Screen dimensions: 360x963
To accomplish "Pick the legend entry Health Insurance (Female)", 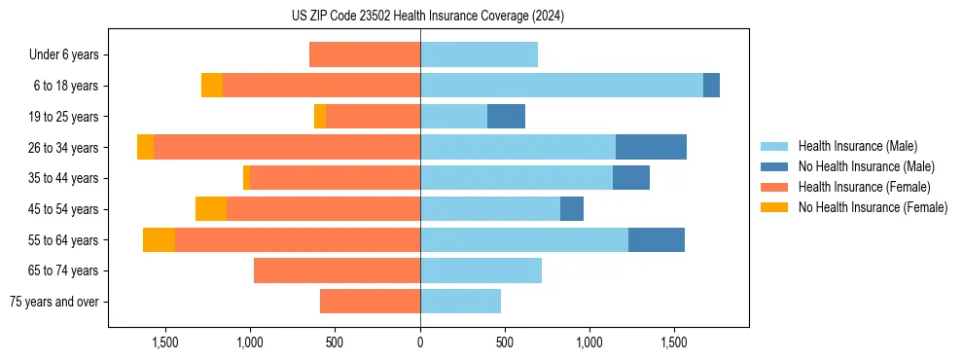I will pyautogui.click(x=857, y=187).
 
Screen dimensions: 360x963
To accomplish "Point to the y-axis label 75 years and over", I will pyautogui.click(x=54, y=302).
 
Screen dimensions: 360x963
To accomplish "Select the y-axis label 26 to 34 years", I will pyautogui.click(x=64, y=148).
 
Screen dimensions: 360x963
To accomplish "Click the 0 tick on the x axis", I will pyautogui.click(x=420, y=342).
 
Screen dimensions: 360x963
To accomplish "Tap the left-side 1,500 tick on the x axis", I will pyautogui.click(x=165, y=342).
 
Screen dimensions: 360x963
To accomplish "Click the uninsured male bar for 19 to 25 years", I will pyautogui.click(x=506, y=117).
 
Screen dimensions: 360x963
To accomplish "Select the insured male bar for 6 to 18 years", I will pyautogui.click(x=561, y=86).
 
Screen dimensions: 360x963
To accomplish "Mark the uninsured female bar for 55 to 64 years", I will pyautogui.click(x=159, y=240).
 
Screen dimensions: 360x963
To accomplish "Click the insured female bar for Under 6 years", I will pyautogui.click(x=365, y=54).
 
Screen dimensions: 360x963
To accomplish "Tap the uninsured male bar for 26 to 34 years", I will pyautogui.click(x=651, y=148).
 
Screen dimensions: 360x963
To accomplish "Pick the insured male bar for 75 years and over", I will pyautogui.click(x=460, y=302).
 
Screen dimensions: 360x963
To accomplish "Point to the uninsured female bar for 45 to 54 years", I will pyautogui.click(x=211, y=209).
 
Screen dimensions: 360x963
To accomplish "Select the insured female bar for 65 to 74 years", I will pyautogui.click(x=337, y=270).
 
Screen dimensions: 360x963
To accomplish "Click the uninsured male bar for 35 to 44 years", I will pyautogui.click(x=631, y=178).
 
